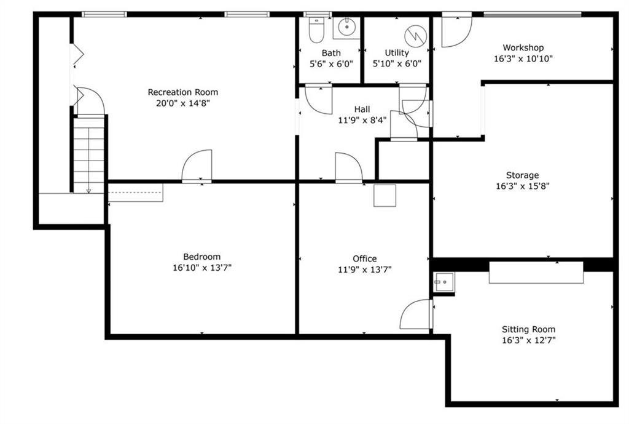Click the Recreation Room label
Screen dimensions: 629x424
183,92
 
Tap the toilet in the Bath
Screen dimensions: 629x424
316,30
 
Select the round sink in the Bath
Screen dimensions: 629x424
346,27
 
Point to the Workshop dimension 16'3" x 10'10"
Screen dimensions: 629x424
523,58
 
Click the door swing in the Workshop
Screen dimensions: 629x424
457,32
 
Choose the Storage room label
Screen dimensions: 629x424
522,175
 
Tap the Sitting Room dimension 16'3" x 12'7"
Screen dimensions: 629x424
529,340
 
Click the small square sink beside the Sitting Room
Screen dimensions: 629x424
443,282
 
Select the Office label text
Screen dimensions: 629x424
365,258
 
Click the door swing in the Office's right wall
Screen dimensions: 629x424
416,314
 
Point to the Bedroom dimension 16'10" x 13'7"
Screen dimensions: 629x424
202,268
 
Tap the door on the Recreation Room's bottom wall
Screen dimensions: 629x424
197,166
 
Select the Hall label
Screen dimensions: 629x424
362,109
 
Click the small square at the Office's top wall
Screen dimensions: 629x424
385,196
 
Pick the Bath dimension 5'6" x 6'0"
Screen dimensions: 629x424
331,64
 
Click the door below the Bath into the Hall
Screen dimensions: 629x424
319,100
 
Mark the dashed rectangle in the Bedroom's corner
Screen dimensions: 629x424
136,193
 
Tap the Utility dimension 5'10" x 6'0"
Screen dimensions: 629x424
397,64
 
